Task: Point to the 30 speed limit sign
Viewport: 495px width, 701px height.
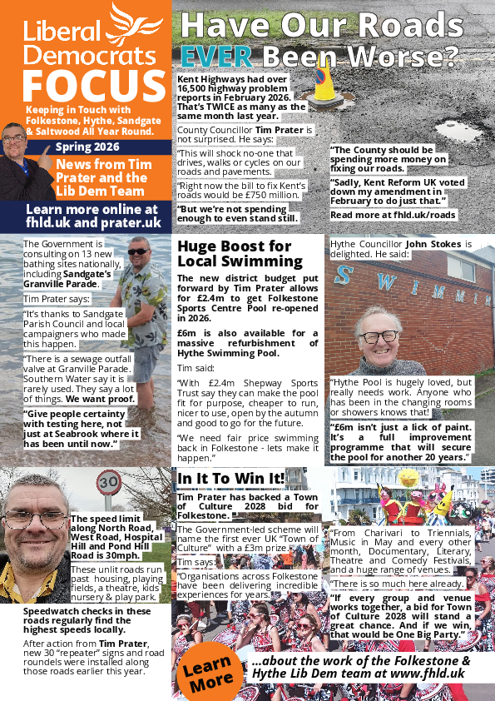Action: click(108, 482)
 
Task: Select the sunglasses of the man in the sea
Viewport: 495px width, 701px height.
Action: click(139, 251)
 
